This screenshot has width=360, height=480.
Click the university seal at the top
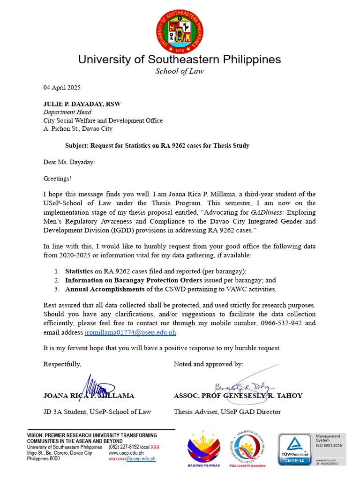coord(180,32)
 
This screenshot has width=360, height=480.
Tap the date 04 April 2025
coord(62,88)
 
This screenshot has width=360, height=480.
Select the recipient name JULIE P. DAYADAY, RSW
coord(82,104)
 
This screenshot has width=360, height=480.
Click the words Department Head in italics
coord(67,112)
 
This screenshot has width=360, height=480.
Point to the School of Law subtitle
coord(180,71)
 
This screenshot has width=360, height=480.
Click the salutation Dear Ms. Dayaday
coord(69,162)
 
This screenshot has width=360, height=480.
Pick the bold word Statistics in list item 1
coord(79,271)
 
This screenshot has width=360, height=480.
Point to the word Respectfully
coord(62,364)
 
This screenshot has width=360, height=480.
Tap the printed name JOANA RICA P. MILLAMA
coord(89,396)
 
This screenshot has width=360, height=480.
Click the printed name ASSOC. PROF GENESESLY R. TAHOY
coord(238,396)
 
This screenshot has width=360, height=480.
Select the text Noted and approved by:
coord(208,364)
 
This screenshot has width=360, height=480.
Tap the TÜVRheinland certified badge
coord(294,449)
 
